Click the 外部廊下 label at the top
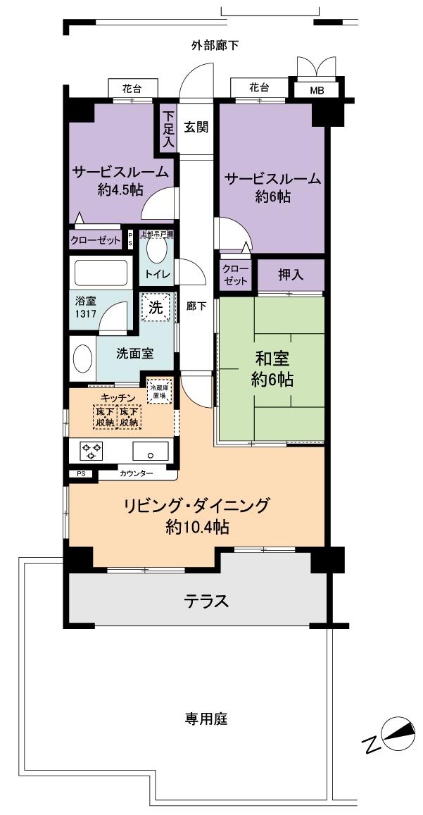(215, 46)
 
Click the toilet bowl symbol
(156, 249)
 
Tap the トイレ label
(157, 274)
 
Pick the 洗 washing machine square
(156, 306)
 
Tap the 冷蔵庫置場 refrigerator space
(157, 391)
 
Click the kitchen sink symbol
(150, 451)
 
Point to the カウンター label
(136, 474)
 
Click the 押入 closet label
(290, 275)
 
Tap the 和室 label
(271, 359)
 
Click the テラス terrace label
(206, 601)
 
